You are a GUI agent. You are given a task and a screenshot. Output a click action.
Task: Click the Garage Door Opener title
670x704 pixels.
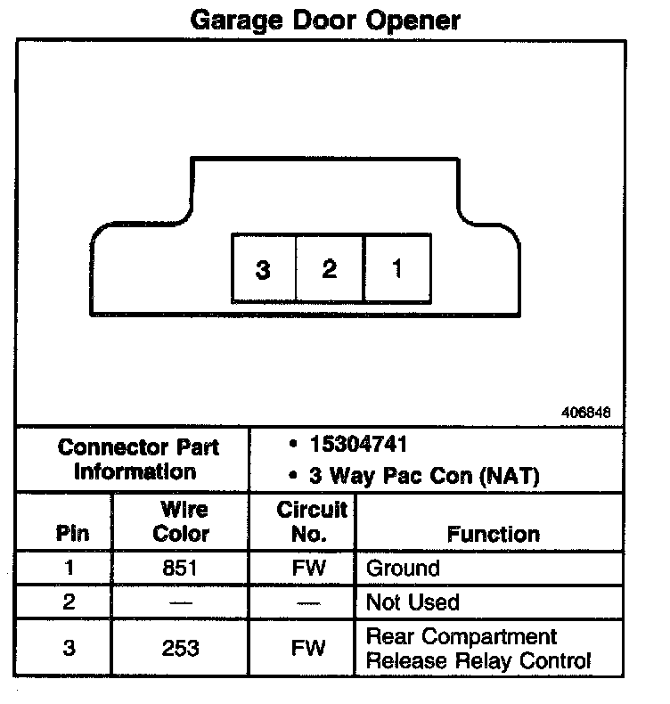tap(325, 20)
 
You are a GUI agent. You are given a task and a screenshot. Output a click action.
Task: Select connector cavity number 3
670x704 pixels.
tap(263, 269)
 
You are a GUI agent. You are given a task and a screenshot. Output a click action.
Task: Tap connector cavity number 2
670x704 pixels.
tap(330, 268)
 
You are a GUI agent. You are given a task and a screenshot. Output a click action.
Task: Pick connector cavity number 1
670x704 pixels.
tap(396, 268)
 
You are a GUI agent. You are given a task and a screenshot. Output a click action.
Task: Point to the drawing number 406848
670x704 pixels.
tap(586, 413)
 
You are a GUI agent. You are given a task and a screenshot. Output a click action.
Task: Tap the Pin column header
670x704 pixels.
tap(72, 534)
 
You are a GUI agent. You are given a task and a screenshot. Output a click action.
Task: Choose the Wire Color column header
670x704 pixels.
tap(182, 522)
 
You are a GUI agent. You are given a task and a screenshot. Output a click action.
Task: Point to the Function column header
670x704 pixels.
tap(493, 534)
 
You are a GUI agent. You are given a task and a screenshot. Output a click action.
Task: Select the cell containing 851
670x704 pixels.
tap(182, 569)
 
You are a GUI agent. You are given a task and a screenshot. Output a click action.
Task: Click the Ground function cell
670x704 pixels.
tap(403, 569)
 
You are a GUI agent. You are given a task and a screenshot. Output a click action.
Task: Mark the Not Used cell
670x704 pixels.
tap(413, 602)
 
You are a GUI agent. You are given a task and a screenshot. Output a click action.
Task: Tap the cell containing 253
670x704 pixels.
tap(182, 649)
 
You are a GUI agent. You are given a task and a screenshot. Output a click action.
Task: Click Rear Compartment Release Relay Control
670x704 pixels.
tap(478, 649)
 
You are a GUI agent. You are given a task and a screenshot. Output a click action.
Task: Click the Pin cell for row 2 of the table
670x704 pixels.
tap(70, 602)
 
